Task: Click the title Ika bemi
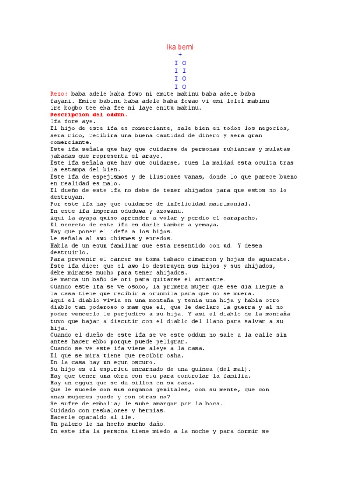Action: click(180, 47)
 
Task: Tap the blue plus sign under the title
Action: click(180, 55)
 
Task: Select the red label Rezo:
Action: click(59, 94)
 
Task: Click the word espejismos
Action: click(112, 177)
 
